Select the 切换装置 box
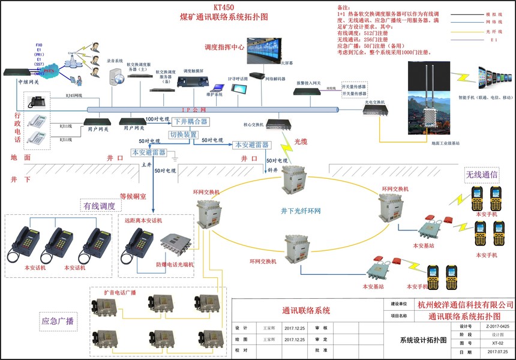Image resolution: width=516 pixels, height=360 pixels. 183,135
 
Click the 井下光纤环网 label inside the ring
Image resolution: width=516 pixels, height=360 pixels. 301,211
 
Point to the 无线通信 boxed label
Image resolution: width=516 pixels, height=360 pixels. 482,175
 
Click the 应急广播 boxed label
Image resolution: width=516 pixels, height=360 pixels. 58,321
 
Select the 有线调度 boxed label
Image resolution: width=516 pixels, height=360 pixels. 99,206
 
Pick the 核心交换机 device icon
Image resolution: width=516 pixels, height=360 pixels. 277,124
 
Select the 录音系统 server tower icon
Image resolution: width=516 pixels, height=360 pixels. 115,76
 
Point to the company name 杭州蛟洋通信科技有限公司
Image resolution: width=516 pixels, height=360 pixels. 465,305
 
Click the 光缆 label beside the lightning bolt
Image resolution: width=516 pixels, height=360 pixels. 301,142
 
